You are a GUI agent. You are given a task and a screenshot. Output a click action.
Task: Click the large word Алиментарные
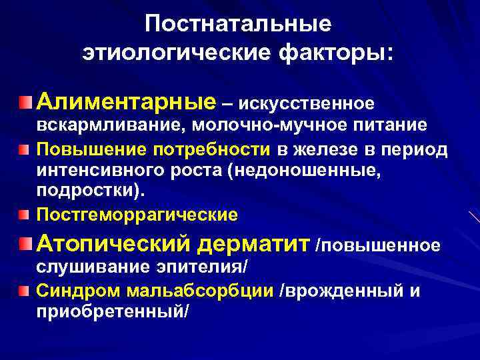[127, 102]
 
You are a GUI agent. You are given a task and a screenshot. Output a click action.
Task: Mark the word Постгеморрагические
[137, 215]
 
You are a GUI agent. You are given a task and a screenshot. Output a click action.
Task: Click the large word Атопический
[114, 244]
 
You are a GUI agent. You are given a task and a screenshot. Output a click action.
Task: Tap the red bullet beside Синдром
[25, 290]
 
